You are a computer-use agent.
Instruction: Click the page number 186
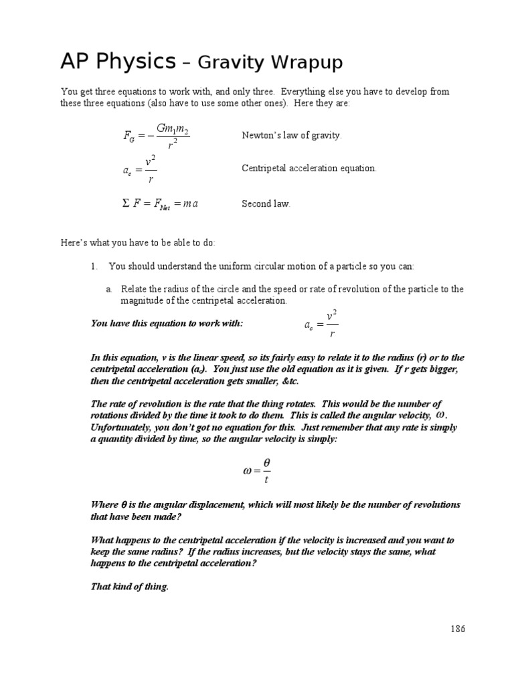458,629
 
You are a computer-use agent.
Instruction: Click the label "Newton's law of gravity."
291,135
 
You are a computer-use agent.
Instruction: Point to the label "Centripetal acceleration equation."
309,169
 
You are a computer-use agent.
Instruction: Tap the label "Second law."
266,204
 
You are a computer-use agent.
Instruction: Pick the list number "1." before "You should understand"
94,266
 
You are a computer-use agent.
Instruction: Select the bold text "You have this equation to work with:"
167,324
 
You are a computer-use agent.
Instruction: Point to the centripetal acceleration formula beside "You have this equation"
321,324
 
